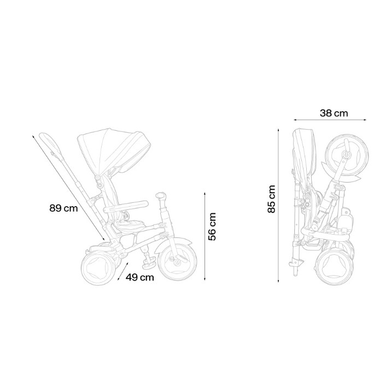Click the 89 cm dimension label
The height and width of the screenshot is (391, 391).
(x=63, y=208)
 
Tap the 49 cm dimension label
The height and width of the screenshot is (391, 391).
(x=139, y=277)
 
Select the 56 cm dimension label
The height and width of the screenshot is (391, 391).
(x=212, y=226)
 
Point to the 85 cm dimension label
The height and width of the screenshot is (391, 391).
(x=271, y=199)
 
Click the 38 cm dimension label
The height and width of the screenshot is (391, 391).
(x=334, y=113)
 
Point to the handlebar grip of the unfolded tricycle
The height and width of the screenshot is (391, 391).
(x=161, y=195)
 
